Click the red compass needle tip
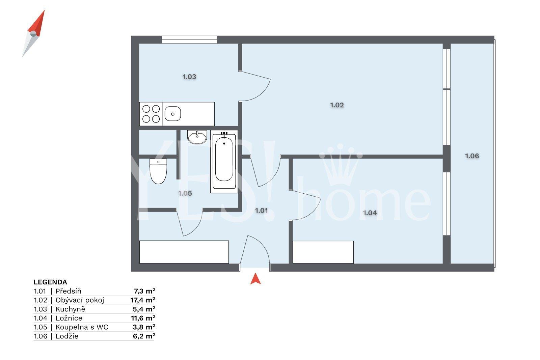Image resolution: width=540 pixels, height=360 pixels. click(x=44, y=10)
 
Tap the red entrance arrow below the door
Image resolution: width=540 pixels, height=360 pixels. click(x=255, y=279)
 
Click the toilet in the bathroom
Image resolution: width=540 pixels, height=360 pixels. click(x=158, y=171)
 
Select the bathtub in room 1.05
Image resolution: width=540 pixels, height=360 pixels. click(x=224, y=162)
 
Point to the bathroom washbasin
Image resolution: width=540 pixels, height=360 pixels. click(x=197, y=137)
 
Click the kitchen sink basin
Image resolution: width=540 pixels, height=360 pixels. click(x=172, y=114)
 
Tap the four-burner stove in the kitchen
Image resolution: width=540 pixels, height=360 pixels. click(x=151, y=114)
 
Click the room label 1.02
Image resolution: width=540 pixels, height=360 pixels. click(x=337, y=105)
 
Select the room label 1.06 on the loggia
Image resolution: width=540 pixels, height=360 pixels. click(x=472, y=156)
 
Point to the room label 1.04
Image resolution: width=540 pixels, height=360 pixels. click(x=370, y=213)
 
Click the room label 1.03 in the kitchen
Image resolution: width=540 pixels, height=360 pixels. click(x=189, y=77)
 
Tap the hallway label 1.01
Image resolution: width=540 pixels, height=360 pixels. click(x=261, y=211)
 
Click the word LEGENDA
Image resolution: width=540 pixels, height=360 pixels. click(x=50, y=282)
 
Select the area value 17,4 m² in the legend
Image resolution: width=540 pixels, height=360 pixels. click(x=143, y=300)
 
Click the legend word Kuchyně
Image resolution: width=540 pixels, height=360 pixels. click(x=71, y=309)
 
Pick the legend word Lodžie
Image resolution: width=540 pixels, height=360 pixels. click(x=67, y=336)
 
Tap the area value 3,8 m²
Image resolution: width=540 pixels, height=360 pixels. click(x=144, y=327)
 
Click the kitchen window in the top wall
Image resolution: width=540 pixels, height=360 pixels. click(x=189, y=40)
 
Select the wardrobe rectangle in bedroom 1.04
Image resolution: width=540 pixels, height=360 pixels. click(x=323, y=252)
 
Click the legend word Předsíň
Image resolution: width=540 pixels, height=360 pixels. click(x=69, y=291)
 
